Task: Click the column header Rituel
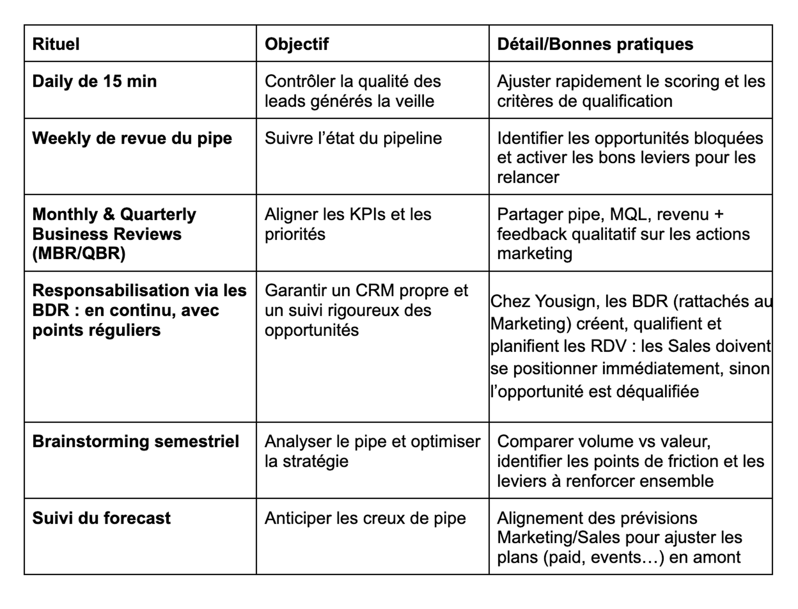56,44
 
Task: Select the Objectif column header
296,44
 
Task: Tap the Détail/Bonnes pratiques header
595,44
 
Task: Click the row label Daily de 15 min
94,81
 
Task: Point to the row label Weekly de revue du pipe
132,138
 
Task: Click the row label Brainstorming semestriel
135,442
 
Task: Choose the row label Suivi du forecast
101,518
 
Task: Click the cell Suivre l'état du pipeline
353,138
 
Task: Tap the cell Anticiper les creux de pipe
365,518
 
